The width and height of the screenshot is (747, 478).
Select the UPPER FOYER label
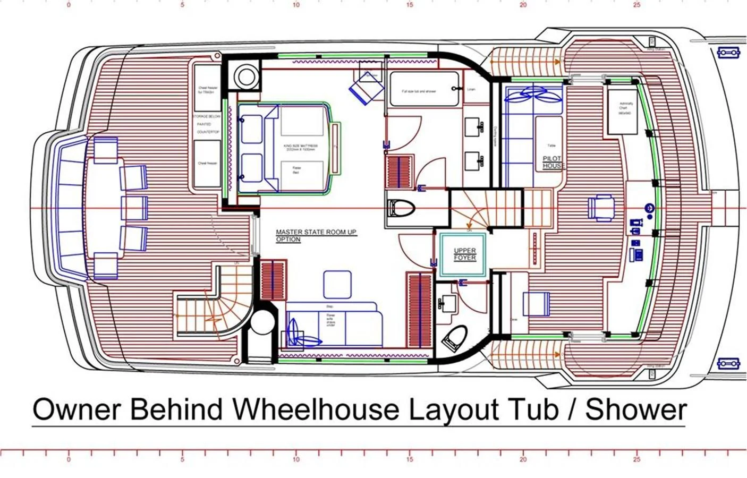[464, 254]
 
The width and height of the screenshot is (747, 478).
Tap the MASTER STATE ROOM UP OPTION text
[316, 235]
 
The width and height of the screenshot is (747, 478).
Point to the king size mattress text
[302, 147]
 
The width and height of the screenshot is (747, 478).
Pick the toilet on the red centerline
[402, 209]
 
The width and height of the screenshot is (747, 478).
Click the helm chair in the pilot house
[601, 207]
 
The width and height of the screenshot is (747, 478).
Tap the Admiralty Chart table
[626, 110]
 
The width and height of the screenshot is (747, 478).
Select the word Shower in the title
[636, 409]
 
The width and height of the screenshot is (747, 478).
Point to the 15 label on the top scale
[409, 5]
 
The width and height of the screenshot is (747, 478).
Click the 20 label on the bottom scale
[523, 459]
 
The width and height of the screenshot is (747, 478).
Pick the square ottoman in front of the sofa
[337, 284]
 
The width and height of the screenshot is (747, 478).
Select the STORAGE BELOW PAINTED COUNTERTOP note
[207, 124]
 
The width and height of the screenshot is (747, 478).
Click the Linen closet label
[471, 89]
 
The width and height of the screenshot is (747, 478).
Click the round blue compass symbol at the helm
[649, 208]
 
